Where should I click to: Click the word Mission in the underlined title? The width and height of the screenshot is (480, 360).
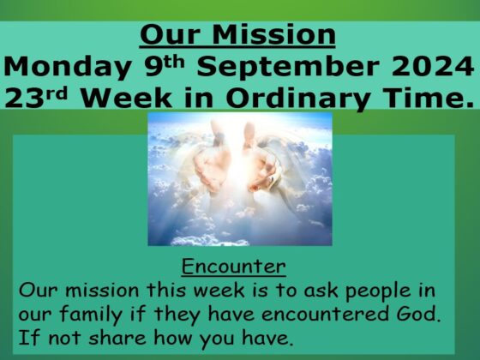(x=273, y=34)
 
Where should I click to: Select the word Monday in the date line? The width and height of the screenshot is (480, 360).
(x=68, y=68)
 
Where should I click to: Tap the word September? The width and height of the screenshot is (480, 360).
(x=288, y=68)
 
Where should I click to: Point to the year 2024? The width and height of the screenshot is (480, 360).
(x=433, y=66)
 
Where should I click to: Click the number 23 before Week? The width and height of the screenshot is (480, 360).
(x=24, y=98)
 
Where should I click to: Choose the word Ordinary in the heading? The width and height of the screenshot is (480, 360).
(x=297, y=99)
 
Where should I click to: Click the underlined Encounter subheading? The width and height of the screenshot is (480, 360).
(x=233, y=267)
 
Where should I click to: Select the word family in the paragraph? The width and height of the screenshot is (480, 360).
(x=91, y=315)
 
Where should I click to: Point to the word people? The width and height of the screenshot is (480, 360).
(x=378, y=291)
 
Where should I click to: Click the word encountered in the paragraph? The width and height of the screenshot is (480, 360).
(x=327, y=314)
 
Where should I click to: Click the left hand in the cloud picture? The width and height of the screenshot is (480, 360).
(x=211, y=165)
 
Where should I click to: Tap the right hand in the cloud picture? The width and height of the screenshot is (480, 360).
(x=261, y=165)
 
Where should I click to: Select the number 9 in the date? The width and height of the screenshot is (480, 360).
(x=153, y=66)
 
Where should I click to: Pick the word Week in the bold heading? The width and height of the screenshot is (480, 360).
(x=127, y=98)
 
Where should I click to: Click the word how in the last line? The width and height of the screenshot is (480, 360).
(x=172, y=338)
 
